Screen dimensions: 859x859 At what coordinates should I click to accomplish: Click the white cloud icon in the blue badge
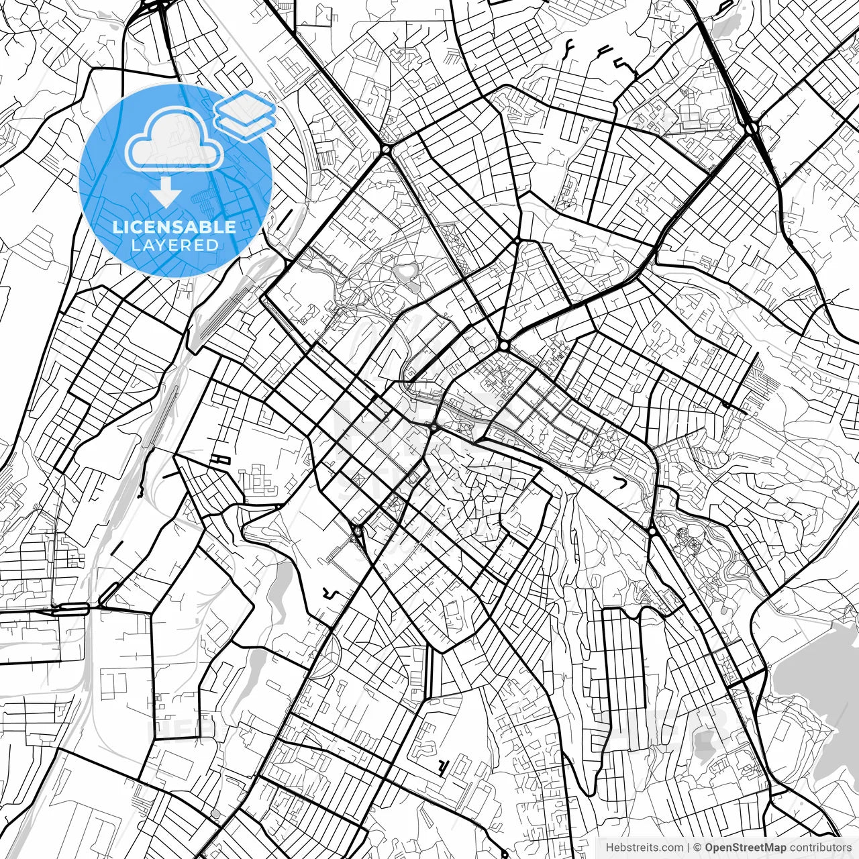click(x=175, y=139)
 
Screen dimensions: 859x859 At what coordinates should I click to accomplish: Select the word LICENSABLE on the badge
click(x=174, y=227)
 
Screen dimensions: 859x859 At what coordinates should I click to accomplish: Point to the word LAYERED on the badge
click(x=174, y=246)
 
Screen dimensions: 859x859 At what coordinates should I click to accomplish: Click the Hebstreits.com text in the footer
click(x=644, y=848)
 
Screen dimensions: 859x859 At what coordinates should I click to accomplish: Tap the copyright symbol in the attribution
click(x=697, y=848)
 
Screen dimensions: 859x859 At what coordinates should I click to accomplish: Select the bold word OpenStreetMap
click(x=746, y=848)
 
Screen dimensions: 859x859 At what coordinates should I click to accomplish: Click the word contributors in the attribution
click(x=819, y=848)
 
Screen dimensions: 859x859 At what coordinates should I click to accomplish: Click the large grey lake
click(x=815, y=678)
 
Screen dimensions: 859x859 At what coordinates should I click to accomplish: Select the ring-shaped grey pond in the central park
click(x=405, y=272)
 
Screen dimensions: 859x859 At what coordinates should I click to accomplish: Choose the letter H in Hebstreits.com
click(x=609, y=848)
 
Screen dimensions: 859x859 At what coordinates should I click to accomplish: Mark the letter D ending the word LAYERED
click(x=213, y=246)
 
